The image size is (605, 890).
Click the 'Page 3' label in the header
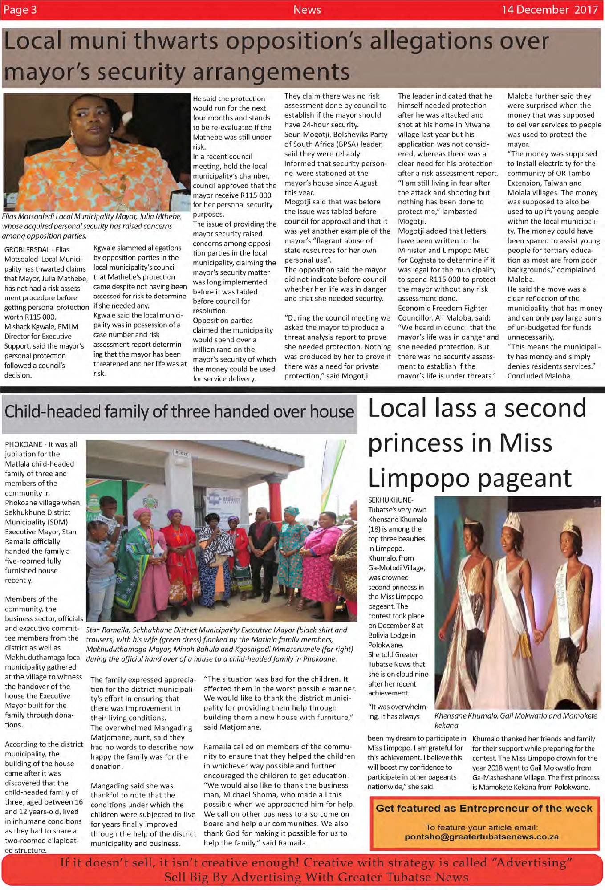click(x=20, y=10)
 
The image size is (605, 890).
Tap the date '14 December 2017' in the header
click(x=549, y=10)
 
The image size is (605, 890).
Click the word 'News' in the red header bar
click(x=307, y=10)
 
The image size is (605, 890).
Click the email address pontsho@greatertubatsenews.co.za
click(x=482, y=837)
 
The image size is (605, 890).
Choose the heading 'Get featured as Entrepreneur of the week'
click(x=484, y=808)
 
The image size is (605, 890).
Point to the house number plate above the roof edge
click(x=182, y=453)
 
